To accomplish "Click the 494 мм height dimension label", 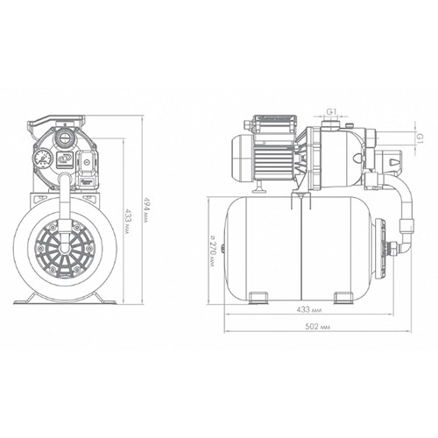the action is coord(145,209).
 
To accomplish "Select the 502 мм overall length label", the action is coord(317,327).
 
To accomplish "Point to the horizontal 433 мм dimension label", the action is coord(309,309).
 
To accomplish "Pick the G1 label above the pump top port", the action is coord(332,111).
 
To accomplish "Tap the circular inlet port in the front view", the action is coord(64,137).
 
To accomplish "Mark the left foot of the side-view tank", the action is coord(258,297).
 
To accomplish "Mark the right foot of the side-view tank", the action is coord(343,297).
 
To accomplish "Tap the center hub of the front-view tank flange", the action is coord(64,248).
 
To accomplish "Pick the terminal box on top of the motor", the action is coord(275,126).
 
